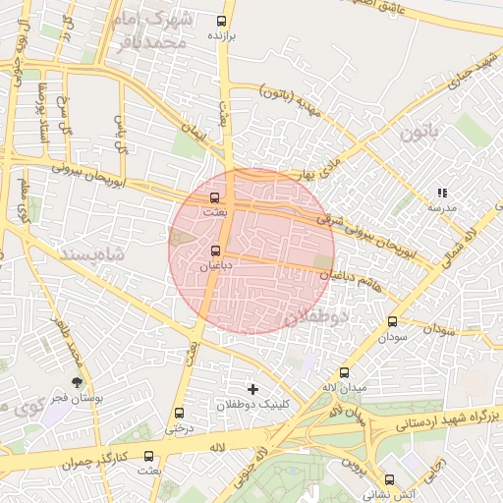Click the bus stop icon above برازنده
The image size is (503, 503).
[219, 20]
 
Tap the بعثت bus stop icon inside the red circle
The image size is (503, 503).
[215, 197]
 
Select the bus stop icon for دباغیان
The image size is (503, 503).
[215, 251]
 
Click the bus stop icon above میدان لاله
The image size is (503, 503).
[344, 372]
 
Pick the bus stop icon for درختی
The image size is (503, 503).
[178, 413]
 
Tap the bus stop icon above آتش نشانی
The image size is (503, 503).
[390, 479]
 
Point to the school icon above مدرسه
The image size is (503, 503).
[442, 194]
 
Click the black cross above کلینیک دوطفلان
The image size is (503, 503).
[253, 389]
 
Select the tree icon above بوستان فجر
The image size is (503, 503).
[76, 381]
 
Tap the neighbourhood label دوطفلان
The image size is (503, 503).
[315, 317]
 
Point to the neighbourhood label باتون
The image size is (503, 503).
[423, 131]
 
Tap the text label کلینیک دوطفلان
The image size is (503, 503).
[253, 405]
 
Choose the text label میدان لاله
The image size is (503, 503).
[345, 388]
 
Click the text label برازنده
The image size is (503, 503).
[222, 35]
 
